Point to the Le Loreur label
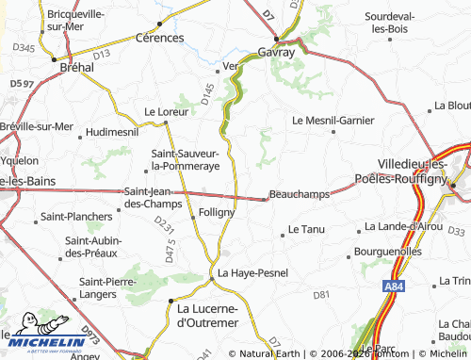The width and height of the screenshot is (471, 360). coord(167,111)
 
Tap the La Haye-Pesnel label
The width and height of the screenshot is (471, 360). coord(252,273)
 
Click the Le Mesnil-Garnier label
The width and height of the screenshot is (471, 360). coord(333,121)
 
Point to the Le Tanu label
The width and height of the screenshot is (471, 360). coord(306,229)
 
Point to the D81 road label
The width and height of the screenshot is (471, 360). coord(322,295)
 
